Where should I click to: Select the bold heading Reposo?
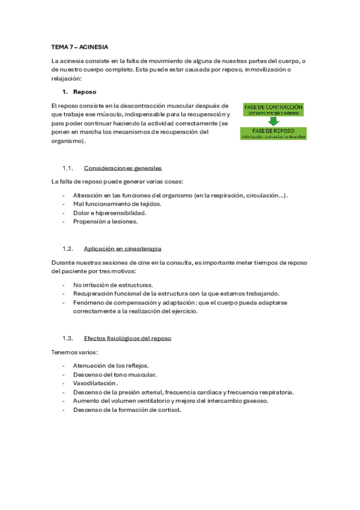(x=84, y=92)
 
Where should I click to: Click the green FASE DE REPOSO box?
(x=273, y=134)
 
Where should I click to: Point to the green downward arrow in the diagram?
(x=273, y=121)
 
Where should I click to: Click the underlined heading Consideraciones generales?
(x=123, y=168)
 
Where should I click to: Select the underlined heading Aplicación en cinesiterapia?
(x=123, y=248)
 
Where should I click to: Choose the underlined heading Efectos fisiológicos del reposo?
(x=127, y=339)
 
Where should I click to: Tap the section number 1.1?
(x=67, y=168)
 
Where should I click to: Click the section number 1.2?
(x=67, y=248)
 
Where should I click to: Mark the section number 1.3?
(x=67, y=339)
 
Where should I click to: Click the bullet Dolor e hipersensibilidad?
(x=109, y=212)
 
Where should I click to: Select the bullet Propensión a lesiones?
(x=105, y=221)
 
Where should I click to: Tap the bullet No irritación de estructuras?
(x=113, y=284)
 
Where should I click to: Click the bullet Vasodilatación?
(x=95, y=383)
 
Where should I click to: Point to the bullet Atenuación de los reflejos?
(x=111, y=365)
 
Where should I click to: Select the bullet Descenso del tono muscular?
(x=114, y=374)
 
